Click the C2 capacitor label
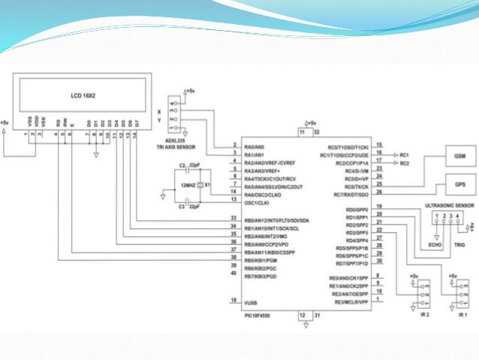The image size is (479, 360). pyautogui.click(x=182, y=164)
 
